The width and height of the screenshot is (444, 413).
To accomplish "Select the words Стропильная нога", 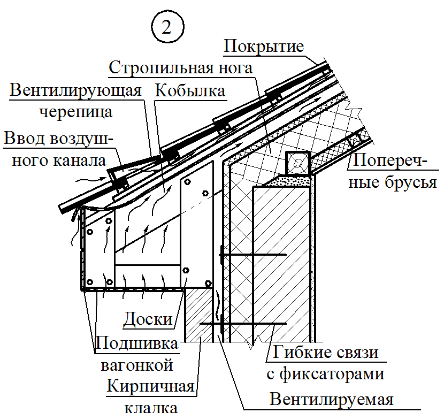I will [x=180, y=68].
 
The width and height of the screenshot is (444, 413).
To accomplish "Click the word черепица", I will [x=76, y=112].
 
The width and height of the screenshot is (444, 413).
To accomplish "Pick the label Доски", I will [x=148, y=320].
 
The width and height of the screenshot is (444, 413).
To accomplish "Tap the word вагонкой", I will [x=137, y=365].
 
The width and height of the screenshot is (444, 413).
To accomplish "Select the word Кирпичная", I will [x=149, y=387].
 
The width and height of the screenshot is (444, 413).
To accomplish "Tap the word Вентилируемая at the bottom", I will [x=332, y=399].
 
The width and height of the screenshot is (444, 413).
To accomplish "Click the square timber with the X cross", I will [x=297, y=162].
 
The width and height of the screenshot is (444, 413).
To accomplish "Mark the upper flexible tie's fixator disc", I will [x=221, y=255].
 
